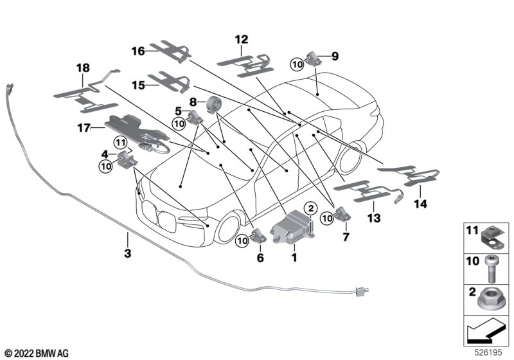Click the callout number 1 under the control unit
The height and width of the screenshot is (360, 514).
click(x=294, y=257)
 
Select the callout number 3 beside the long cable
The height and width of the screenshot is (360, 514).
click(x=127, y=253)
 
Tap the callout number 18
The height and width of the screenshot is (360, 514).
click(x=83, y=68)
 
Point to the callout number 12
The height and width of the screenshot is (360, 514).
click(x=242, y=40)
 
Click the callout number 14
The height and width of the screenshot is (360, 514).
click(x=421, y=204)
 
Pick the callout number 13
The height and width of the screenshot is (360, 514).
click(x=374, y=218)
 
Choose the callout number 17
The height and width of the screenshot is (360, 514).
click(x=84, y=128)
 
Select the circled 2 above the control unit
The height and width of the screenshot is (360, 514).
click(x=311, y=208)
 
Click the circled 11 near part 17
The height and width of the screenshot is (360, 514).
click(x=120, y=143)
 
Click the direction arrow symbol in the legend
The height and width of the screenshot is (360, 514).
click(x=486, y=331)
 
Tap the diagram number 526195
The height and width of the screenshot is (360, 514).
click(x=488, y=353)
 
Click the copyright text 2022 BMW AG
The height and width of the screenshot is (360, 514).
click(x=37, y=354)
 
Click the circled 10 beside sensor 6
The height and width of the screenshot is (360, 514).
click(x=243, y=241)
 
